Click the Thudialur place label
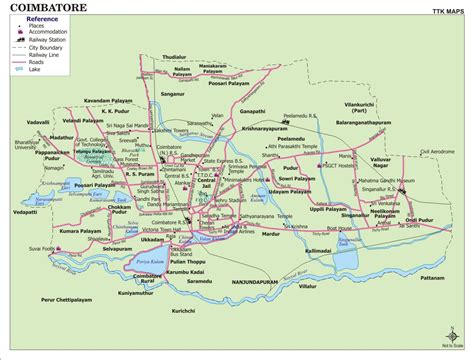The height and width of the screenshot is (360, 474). click(x=175, y=58)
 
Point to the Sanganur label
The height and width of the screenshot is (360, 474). click(x=173, y=93)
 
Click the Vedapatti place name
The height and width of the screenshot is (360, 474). click(x=25, y=212)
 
